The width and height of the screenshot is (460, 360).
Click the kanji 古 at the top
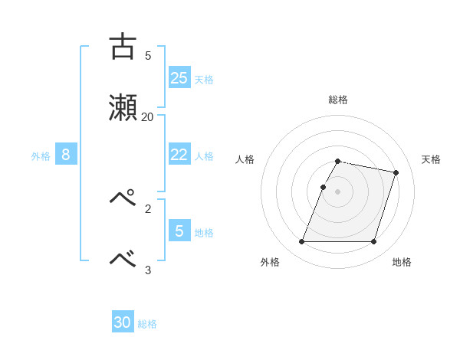pos(123,47)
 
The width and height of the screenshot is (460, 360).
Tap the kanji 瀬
pos(123,107)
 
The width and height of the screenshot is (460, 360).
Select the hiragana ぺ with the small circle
pos(123,198)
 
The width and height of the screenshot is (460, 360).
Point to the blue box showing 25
pos(179,77)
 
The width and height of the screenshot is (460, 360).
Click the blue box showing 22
pos(179,155)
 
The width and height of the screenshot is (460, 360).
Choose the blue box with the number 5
pos(179,230)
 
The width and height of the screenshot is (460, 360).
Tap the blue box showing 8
pos(66,155)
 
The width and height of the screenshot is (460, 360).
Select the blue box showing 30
pos(123,322)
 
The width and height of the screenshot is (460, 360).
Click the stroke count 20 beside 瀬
pos(147,116)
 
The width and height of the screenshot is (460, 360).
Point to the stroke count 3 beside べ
pos(148,269)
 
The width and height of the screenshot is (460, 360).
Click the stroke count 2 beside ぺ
pos(148,208)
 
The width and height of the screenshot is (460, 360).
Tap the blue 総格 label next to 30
pos(147,324)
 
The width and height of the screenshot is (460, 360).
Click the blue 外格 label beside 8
pos(41,156)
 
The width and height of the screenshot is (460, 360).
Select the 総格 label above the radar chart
pos(338,100)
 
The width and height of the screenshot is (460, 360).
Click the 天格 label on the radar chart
pos(431,159)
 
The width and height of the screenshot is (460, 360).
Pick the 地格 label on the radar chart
pos(402,263)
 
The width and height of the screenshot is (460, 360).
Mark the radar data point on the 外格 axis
pos(302,242)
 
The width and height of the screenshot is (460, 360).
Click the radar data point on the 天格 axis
pos(396,173)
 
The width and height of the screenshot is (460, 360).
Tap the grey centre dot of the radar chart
pos(338,191)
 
